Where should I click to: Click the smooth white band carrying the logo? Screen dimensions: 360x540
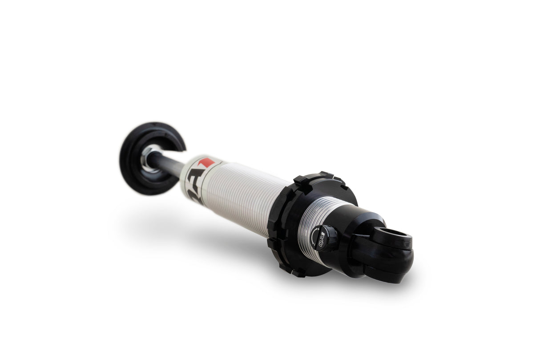click(x=196, y=178)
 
